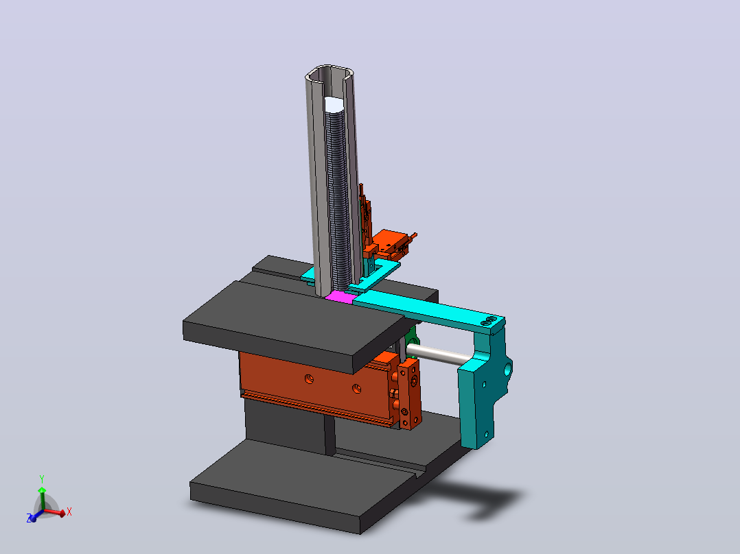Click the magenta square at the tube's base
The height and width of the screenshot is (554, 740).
[340, 297]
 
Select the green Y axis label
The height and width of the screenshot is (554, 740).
[42, 479]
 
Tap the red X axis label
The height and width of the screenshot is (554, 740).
[69, 511]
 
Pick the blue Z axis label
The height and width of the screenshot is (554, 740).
[30, 518]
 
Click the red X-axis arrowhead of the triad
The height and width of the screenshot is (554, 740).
[61, 513]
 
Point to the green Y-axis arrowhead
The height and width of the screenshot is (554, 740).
[42, 490]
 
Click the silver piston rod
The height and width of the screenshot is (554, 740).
[439, 354]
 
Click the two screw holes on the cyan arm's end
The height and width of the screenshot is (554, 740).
[489, 321]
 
